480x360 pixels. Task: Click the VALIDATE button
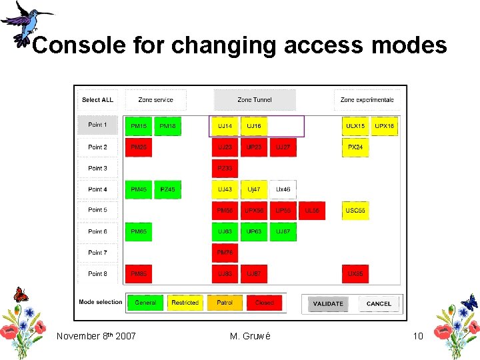tap(328, 303)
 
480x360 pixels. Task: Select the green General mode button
tap(145, 303)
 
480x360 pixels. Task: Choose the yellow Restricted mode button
tap(185, 303)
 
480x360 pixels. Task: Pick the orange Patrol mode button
tap(225, 303)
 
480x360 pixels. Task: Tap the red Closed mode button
tap(265, 303)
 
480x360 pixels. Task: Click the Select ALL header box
tap(97, 100)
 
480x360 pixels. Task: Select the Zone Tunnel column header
tap(255, 100)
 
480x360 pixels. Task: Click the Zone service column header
tap(155, 100)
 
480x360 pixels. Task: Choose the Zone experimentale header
tap(367, 100)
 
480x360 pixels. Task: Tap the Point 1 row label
tap(97, 125)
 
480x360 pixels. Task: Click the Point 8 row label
tap(97, 274)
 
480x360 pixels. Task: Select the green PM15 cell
tap(139, 126)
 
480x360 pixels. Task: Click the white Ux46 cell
tap(283, 190)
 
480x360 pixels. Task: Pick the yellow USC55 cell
tap(355, 211)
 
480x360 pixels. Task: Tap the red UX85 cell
tap(355, 274)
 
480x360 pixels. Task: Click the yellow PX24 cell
tap(355, 147)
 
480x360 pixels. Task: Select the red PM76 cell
tap(225, 253)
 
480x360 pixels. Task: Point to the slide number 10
tap(418, 336)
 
